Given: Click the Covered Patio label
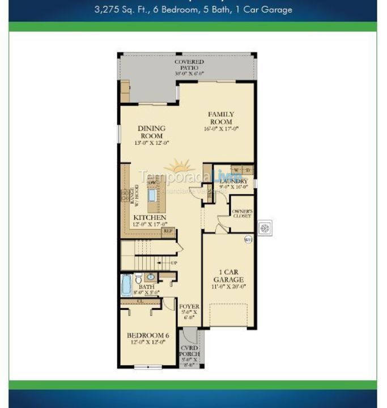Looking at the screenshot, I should (x=189, y=65).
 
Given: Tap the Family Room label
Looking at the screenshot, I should (x=221, y=118).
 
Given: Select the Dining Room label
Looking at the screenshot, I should (x=151, y=132).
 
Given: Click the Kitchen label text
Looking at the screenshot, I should (x=150, y=218).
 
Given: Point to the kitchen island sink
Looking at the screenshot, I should (x=152, y=195).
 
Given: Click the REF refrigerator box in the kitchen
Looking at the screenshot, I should (x=168, y=231).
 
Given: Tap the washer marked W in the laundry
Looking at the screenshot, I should (x=236, y=170).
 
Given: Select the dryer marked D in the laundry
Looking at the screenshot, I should (x=248, y=170).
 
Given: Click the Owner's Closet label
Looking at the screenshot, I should (x=242, y=214).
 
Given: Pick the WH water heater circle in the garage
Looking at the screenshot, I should (x=248, y=240).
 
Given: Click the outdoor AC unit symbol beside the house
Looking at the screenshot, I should (x=265, y=228).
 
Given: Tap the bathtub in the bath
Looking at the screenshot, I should (x=126, y=284).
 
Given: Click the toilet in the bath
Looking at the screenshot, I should (x=139, y=278).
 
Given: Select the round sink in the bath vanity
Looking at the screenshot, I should (x=150, y=277).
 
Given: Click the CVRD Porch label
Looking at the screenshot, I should (x=189, y=351).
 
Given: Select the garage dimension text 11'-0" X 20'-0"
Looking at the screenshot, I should (x=228, y=287).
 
